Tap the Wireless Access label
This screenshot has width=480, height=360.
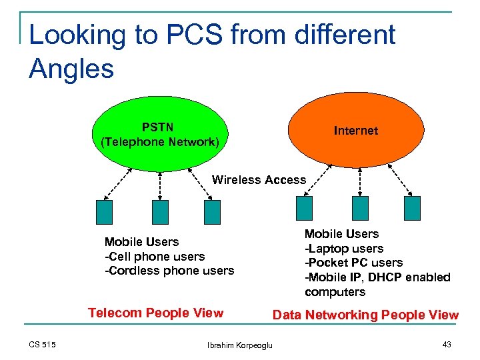pos(259,180)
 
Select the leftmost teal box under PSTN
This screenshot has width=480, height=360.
pos(105,211)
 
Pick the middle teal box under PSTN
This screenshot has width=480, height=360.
pos(160,211)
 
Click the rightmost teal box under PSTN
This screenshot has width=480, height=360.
pos(212,211)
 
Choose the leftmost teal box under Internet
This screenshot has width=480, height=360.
pos(305,208)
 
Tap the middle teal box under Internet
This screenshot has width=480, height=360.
pos(361,208)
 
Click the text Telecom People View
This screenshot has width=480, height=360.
pos(156,313)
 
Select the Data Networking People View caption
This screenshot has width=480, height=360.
pos(365,315)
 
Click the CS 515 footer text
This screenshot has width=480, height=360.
pos(42,344)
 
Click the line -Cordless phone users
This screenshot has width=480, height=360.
pos(169,271)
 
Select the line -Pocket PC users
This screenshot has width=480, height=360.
pos(353,263)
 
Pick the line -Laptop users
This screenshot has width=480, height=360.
pos(344,249)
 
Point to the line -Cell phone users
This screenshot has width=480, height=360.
pos(155,256)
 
